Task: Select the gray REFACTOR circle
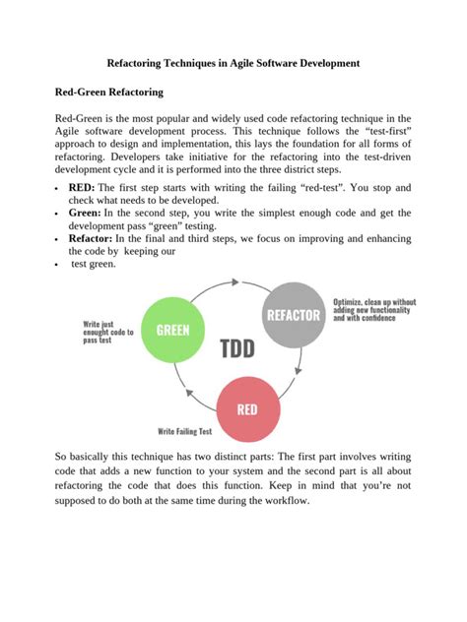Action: (x=293, y=315)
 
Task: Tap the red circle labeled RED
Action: (x=248, y=407)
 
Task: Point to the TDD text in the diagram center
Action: (x=237, y=348)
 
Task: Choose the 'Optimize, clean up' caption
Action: (x=374, y=309)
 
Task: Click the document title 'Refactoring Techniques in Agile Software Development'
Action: (x=233, y=62)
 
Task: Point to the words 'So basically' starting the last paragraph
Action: (x=86, y=458)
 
